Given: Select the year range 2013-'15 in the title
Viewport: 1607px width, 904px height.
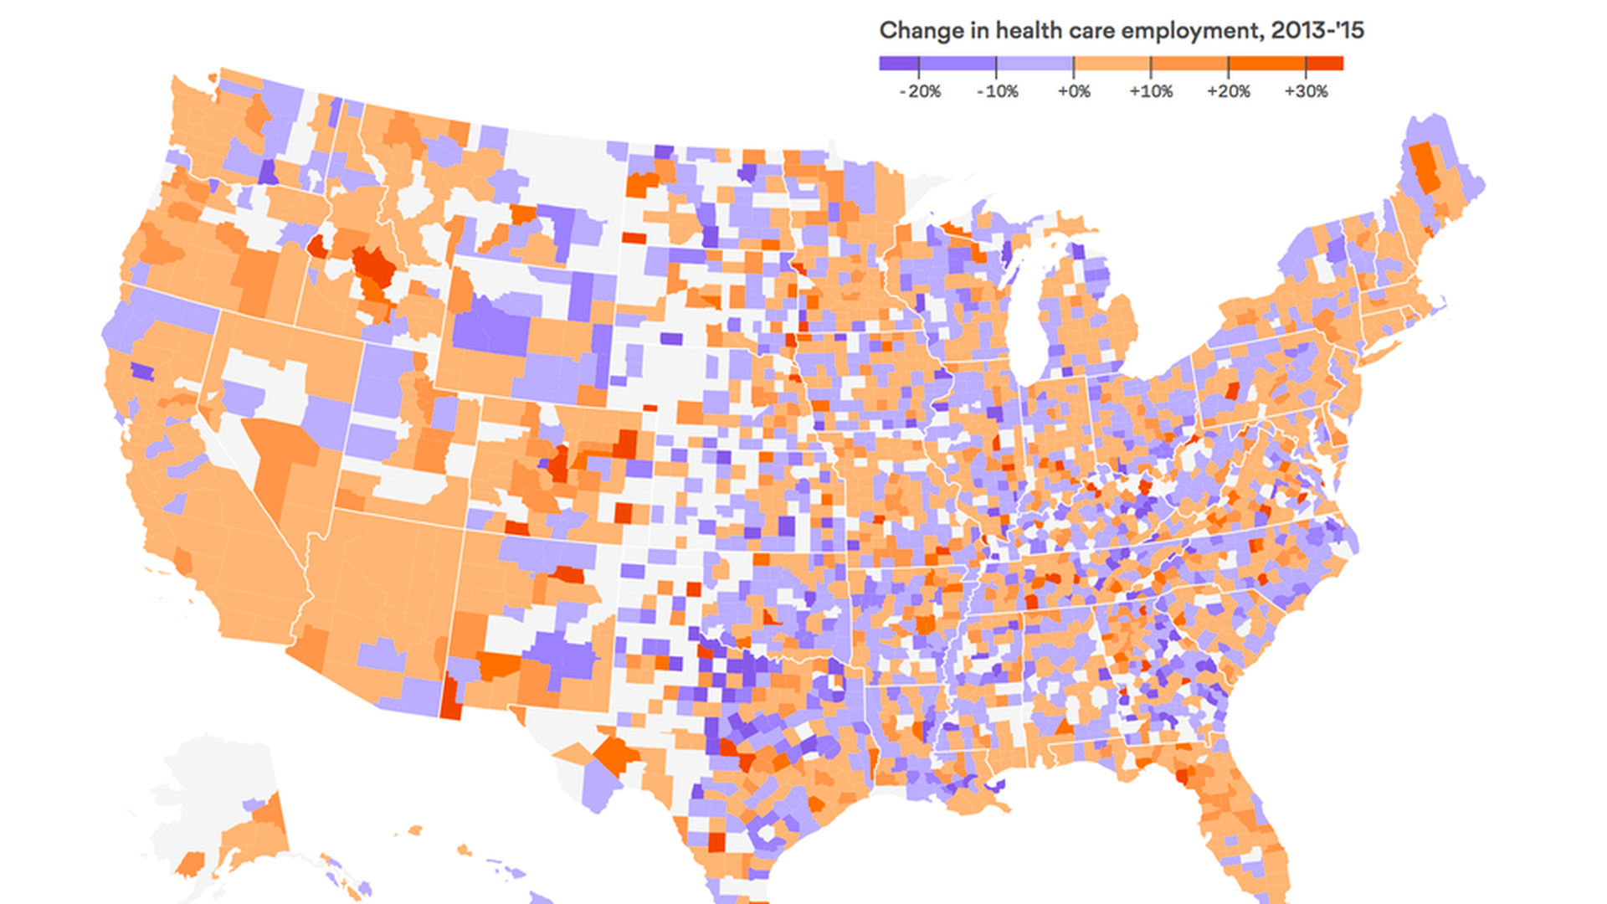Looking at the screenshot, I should tap(1317, 31).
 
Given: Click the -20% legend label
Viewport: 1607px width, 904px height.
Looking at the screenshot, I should tap(920, 91).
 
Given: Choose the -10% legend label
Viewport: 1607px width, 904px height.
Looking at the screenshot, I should tap(997, 91).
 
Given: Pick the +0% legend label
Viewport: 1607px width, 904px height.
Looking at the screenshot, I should tap(1074, 91).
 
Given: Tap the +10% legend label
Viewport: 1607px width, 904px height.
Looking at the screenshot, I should tap(1151, 91).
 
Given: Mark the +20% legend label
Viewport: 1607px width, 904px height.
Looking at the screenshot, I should tap(1228, 91).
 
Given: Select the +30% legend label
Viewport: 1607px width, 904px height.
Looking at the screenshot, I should tap(1306, 91).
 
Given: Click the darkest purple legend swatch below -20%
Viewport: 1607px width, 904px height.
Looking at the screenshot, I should tap(898, 64).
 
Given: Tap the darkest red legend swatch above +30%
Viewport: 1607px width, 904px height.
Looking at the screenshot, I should tap(1325, 64).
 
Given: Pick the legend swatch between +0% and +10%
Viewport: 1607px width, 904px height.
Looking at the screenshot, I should tap(1112, 64).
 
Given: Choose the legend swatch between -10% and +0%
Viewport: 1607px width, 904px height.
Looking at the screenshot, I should tap(1035, 64).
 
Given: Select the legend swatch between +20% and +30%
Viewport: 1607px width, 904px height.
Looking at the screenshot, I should tap(1266, 64).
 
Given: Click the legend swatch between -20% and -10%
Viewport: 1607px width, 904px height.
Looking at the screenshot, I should tap(958, 64).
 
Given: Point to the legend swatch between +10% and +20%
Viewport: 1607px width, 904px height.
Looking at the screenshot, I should tap(1189, 64).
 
